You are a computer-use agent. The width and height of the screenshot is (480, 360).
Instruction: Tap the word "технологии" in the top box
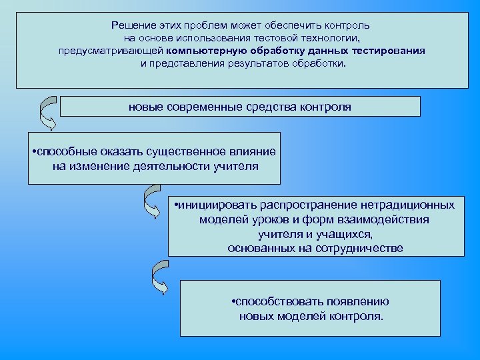pos(331,38)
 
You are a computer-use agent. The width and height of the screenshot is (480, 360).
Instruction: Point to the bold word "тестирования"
pos(393,51)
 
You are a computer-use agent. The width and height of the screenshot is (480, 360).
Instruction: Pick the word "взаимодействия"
pos(387,219)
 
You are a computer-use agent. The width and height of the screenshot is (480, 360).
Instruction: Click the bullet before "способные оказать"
pos(34,153)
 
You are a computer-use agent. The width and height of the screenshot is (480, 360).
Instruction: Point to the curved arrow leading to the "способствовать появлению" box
pos(159,277)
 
